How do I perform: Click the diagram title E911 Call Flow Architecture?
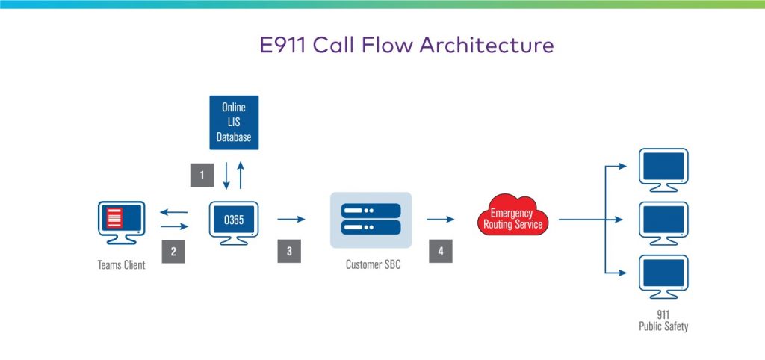[x=404, y=45]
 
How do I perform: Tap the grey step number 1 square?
[x=201, y=176]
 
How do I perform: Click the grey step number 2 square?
[x=173, y=252]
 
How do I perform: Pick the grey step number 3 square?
[x=289, y=252]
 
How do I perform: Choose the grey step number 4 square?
[x=441, y=252]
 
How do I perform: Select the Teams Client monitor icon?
[x=122, y=220]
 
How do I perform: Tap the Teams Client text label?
[x=122, y=265]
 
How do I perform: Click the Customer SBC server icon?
[x=371, y=220]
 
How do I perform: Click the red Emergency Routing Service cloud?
[x=512, y=217]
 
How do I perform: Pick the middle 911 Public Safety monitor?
[x=663, y=220]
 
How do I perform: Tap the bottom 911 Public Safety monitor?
[x=663, y=275]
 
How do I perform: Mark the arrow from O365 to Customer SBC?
[x=291, y=220]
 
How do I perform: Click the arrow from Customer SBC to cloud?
[x=441, y=220]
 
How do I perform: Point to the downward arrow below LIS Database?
[x=226, y=176]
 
